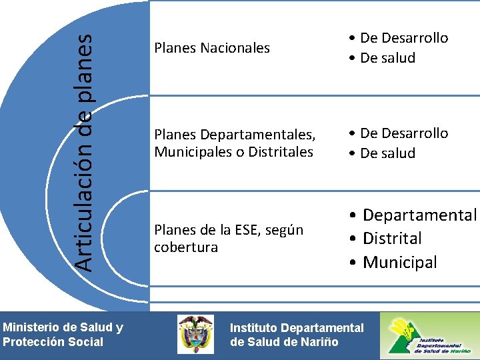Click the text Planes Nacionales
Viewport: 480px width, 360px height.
212,48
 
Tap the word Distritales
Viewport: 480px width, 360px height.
280,152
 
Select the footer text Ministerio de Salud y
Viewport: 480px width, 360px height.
63,327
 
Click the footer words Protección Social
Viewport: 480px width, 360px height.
53,342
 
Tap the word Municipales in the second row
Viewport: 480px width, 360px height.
192,152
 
